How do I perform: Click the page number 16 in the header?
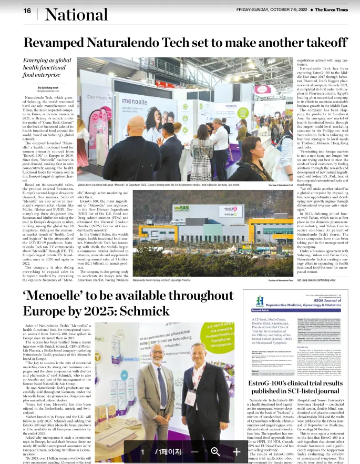coord(27,11)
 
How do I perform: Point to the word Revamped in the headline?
coord(56,43)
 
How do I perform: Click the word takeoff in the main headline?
coord(322,43)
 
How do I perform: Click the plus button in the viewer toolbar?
coord(236,451)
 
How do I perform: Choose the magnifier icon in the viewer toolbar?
coord(215,451)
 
